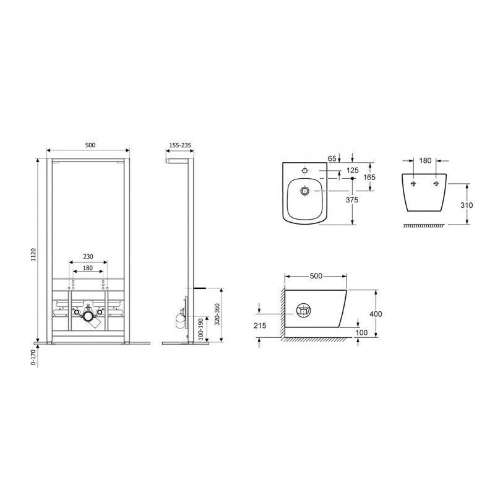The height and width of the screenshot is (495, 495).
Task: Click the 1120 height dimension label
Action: (x=34, y=254)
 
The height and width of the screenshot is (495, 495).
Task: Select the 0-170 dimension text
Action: (x=33, y=358)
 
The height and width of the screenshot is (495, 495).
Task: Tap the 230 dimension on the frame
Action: (x=88, y=257)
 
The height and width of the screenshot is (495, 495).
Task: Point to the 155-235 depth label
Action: (x=180, y=145)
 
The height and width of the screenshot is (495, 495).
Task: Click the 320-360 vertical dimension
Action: (x=217, y=315)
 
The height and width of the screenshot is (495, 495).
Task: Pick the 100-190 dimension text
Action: (x=200, y=329)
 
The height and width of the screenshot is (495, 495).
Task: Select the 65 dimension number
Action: (x=332, y=158)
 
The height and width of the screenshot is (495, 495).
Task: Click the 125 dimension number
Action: (x=352, y=171)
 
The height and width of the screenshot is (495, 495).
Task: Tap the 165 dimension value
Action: (x=369, y=178)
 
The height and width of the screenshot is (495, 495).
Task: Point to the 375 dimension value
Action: (x=351, y=200)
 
